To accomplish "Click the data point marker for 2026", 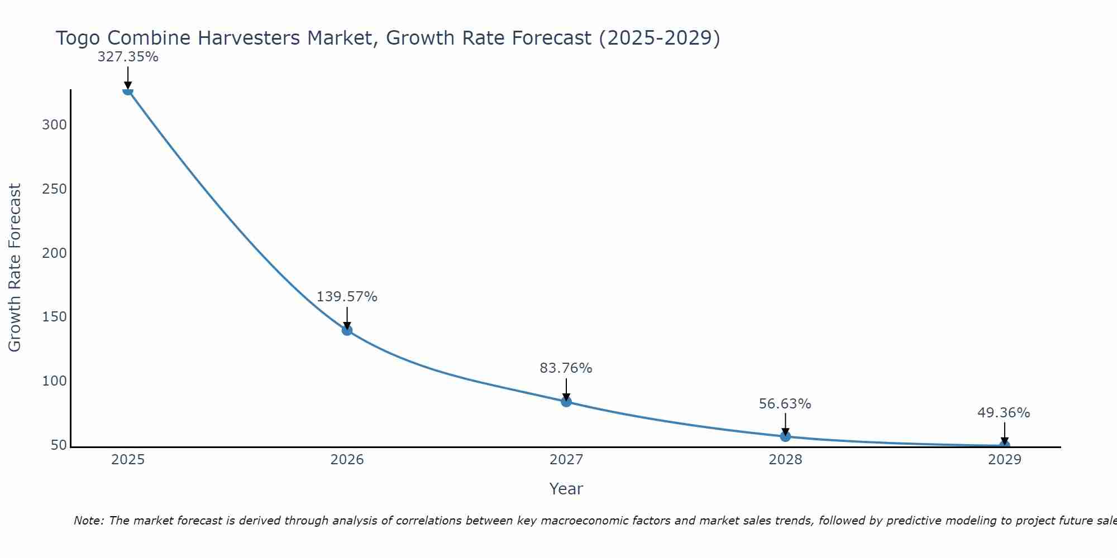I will point(347,330).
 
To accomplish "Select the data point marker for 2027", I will point(566,402).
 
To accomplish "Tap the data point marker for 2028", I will point(785,436).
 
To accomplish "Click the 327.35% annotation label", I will point(128,57).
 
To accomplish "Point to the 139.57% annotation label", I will point(347,297).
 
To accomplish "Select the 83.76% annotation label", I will point(566,368).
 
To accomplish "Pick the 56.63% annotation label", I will point(785,403).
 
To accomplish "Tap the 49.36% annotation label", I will point(1004,413).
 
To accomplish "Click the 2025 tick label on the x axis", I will point(128,460).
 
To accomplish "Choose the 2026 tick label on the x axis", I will point(347,460).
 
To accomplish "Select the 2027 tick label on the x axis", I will point(566,460).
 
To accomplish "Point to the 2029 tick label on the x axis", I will point(1004,460).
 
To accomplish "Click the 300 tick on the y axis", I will point(55,125).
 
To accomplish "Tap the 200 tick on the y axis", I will point(55,253).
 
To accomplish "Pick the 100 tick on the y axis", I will point(55,382).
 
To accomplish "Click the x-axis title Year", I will point(566,489).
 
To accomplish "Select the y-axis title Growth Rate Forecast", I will point(15,268).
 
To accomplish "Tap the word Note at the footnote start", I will point(88,521).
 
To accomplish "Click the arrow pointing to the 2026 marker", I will point(347,318).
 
